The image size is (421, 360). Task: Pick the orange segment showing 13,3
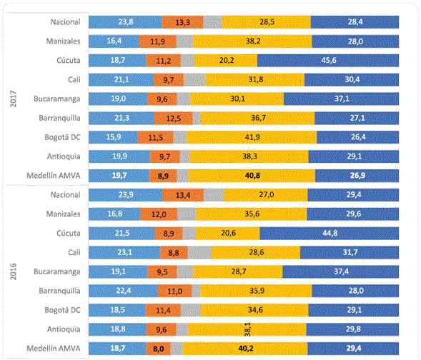pyautogui.click(x=182, y=21)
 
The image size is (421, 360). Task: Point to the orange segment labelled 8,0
pyautogui.click(x=157, y=349)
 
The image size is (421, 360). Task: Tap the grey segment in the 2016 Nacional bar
pyautogui.click(x=213, y=194)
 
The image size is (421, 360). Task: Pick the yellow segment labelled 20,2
pyautogui.click(x=226, y=60)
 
